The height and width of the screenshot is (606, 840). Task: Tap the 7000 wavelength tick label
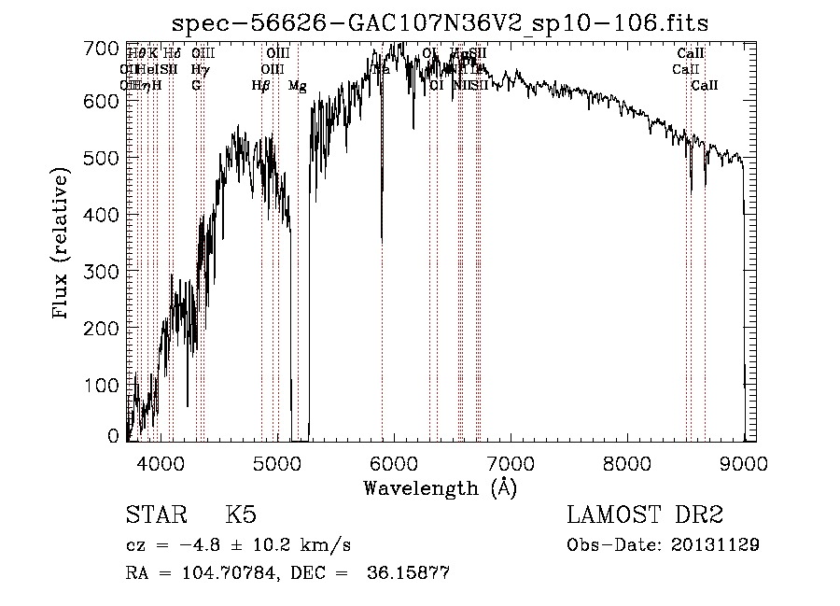pyautogui.click(x=511, y=461)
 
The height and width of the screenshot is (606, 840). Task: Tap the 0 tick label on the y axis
pyautogui.click(x=115, y=436)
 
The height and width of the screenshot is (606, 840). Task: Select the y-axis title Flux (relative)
pyautogui.click(x=63, y=244)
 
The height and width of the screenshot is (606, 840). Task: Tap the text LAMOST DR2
pyautogui.click(x=645, y=515)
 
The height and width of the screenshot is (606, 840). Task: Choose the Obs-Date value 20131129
pyautogui.click(x=717, y=544)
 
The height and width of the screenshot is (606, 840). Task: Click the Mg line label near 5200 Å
pyautogui.click(x=297, y=86)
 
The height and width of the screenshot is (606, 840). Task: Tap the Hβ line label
pyautogui.click(x=261, y=86)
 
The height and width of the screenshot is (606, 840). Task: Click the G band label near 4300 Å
pyautogui.click(x=196, y=86)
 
